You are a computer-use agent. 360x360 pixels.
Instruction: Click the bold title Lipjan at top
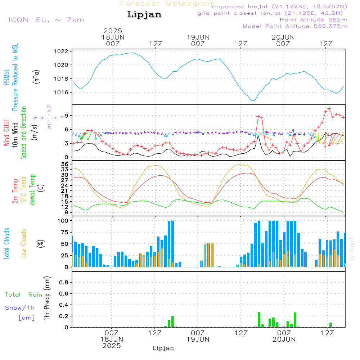(144, 15)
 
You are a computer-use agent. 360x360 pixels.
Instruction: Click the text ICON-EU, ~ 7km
(46, 20)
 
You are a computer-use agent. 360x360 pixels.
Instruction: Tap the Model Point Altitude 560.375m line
(295, 26)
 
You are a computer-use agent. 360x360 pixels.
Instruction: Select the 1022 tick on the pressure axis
(63, 51)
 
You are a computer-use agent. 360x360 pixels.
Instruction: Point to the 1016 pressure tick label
(63, 93)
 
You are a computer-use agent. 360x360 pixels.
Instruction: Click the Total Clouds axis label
(7, 244)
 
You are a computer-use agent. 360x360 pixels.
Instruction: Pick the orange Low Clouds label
(24, 244)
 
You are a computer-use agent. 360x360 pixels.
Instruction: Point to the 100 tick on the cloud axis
(63, 220)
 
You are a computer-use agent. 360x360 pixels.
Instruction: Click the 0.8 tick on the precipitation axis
(64, 282)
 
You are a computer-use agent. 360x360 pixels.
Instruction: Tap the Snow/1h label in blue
(20, 308)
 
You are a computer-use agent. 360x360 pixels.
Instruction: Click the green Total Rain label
(24, 295)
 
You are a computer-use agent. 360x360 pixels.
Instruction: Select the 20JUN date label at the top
(283, 37)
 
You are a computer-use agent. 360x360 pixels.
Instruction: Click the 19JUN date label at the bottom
(198, 339)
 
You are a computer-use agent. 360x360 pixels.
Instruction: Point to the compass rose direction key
(49, 117)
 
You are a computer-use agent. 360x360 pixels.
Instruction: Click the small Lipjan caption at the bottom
(163, 348)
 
